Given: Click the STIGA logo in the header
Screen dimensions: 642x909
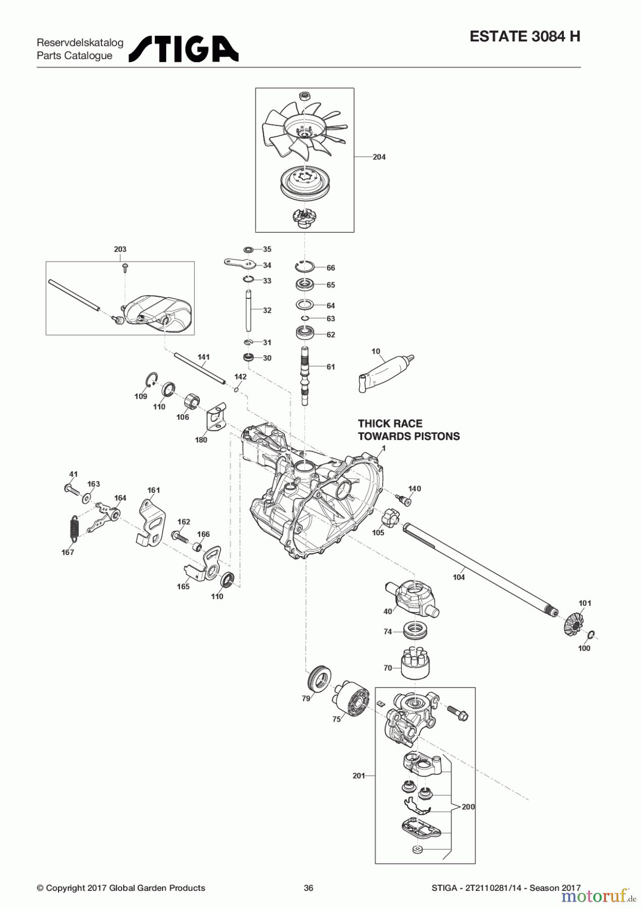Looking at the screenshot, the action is (x=183, y=49).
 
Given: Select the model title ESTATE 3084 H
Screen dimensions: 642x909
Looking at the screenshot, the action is (x=525, y=36).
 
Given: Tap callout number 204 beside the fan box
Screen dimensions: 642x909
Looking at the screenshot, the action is (x=379, y=157).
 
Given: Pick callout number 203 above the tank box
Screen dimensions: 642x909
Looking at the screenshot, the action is (x=120, y=249).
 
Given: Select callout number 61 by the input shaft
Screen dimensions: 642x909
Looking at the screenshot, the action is (x=331, y=367).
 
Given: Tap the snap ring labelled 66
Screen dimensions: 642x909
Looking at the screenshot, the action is (x=304, y=266).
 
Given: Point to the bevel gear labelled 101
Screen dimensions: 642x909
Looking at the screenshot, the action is (x=573, y=624).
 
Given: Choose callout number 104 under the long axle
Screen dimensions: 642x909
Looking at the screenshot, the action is (x=458, y=577).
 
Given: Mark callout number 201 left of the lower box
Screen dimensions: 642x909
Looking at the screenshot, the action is (x=358, y=775).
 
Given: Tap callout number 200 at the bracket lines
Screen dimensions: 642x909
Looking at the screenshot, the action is (x=468, y=806).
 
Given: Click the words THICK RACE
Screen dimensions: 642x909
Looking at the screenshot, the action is (x=390, y=424).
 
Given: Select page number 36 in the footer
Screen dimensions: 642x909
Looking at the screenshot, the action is (x=308, y=887).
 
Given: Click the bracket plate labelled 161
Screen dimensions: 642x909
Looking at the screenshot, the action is (x=151, y=522).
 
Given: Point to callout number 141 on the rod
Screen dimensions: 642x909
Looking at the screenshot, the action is (x=203, y=357).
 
